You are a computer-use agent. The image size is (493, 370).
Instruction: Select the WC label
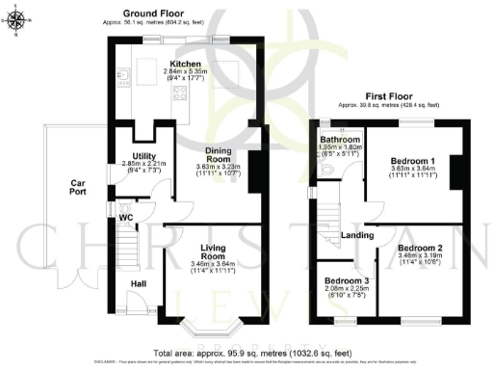tap(125, 218)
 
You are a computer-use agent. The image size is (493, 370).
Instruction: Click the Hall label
tap(139, 282)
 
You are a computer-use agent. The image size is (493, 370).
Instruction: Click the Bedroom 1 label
tap(411, 160)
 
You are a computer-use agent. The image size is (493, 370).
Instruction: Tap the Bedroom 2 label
tap(420, 248)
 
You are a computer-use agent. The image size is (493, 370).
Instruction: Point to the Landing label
tap(357, 234)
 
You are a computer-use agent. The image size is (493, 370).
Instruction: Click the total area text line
tap(247, 354)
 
